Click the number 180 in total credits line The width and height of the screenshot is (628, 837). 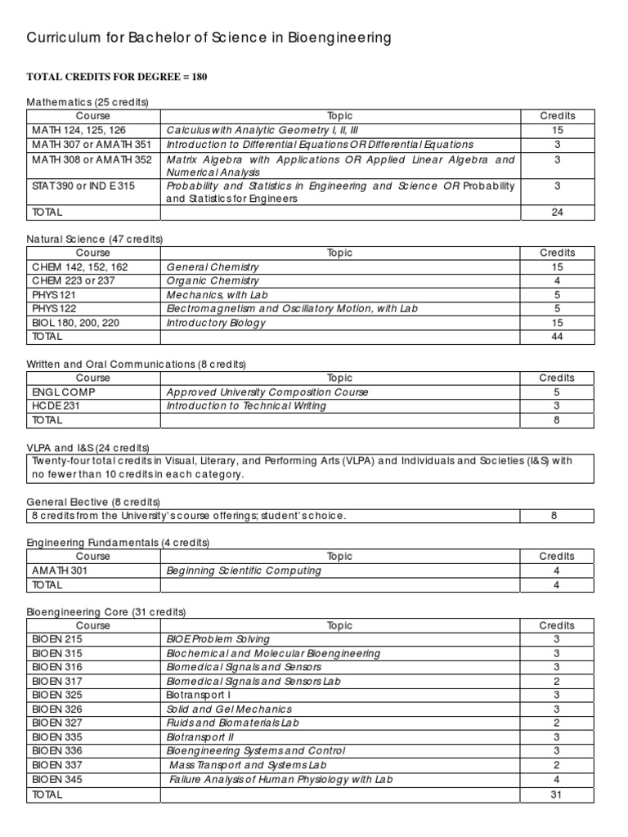click(x=200, y=76)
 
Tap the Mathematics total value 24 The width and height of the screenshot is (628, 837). click(x=557, y=213)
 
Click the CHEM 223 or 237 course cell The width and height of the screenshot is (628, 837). click(x=74, y=280)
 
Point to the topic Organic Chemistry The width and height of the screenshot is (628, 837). click(x=213, y=280)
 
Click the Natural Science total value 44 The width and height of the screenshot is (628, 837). click(x=557, y=336)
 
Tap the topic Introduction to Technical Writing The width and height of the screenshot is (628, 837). click(x=246, y=405)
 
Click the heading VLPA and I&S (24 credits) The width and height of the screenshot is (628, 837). click(x=88, y=447)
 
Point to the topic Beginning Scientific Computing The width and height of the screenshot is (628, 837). click(x=244, y=571)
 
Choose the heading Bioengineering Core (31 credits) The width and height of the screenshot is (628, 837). click(x=106, y=612)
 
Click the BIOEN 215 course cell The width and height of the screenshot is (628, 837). click(x=57, y=639)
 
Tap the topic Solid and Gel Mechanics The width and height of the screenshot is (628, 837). click(x=229, y=709)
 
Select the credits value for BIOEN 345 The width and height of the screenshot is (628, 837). click(x=557, y=779)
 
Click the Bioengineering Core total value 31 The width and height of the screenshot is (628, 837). click(x=557, y=794)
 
